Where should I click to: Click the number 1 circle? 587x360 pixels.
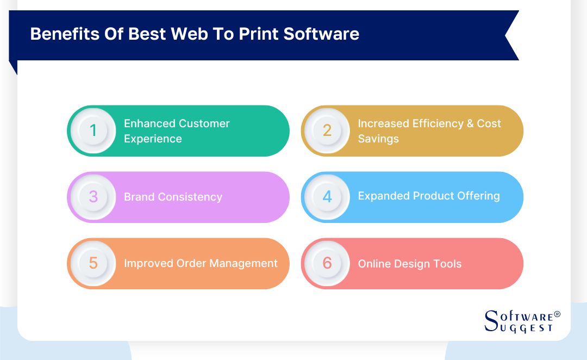93,131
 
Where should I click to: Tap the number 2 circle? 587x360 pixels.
327,131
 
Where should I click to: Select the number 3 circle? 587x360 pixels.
93,197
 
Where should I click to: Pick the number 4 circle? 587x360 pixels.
327,197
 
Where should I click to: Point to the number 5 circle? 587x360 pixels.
93,263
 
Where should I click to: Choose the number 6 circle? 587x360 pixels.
327,263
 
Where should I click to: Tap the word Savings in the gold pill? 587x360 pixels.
378,139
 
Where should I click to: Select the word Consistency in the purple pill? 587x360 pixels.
190,197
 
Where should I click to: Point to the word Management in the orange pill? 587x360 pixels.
245,263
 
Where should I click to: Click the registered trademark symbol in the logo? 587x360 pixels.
557,314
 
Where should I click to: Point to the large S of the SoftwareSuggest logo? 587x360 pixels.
491,321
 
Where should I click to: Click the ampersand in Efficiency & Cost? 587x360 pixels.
470,123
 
